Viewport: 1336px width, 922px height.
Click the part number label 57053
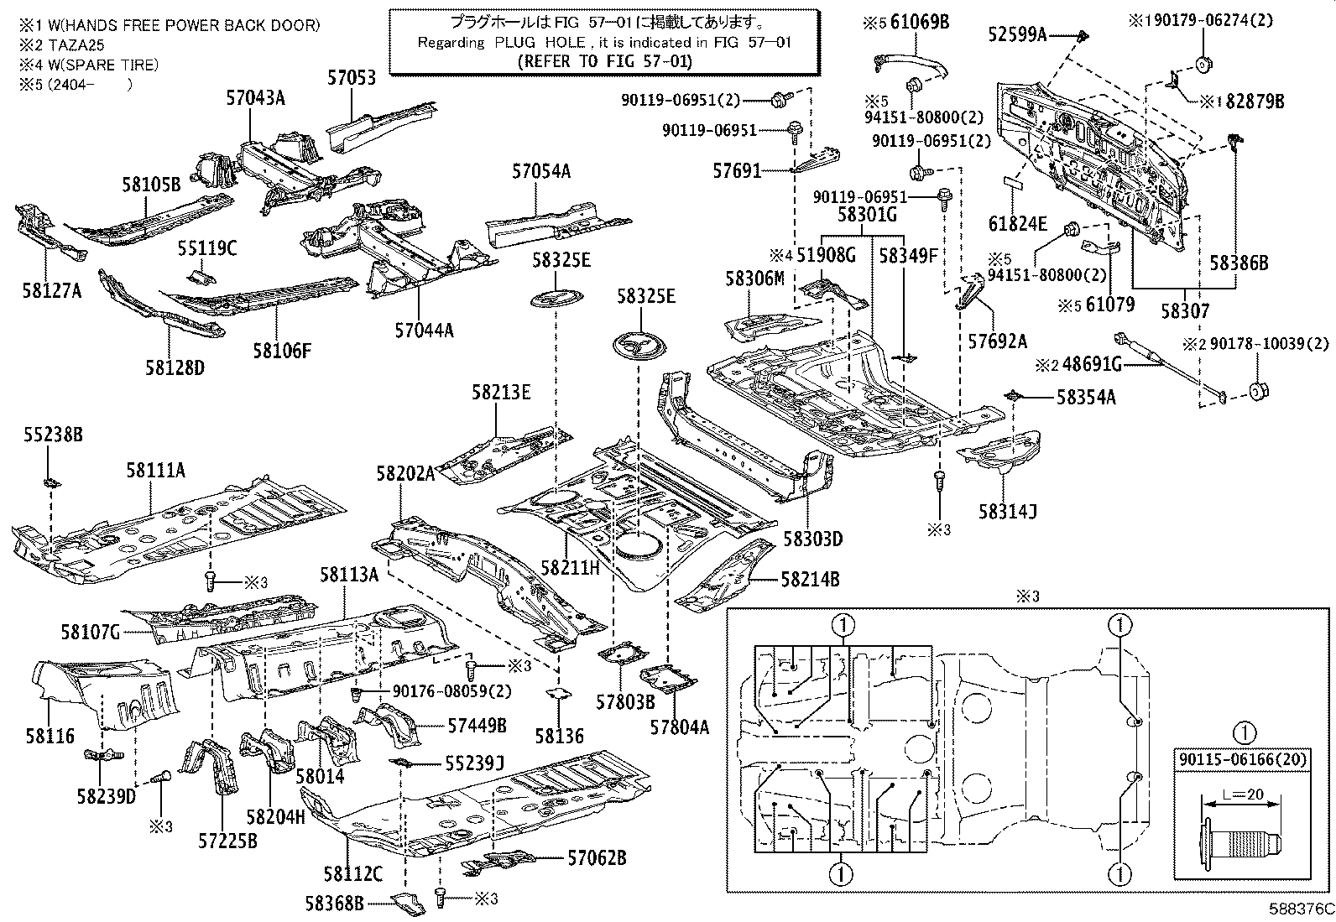(x=351, y=78)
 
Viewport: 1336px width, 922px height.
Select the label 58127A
(x=52, y=290)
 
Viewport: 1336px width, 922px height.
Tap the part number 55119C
(x=206, y=248)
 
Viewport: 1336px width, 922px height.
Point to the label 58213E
(x=500, y=392)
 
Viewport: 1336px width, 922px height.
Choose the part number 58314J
(x=1006, y=509)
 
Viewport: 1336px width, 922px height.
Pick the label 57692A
(x=997, y=341)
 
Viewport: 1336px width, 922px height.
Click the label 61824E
(x=1018, y=223)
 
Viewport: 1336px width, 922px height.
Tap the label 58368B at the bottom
(x=334, y=903)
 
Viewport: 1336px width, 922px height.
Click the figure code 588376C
(x=1298, y=909)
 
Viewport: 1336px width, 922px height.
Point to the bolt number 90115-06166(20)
(x=1245, y=760)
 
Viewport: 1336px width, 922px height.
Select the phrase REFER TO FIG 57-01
(x=605, y=60)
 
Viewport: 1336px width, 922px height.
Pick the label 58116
(x=49, y=736)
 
